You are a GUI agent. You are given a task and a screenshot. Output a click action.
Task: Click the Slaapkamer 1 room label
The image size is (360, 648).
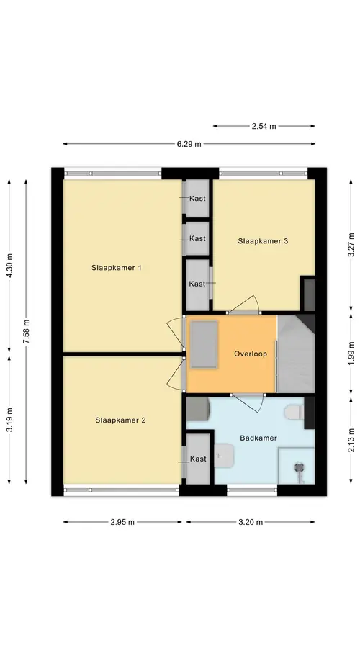pos(116,268)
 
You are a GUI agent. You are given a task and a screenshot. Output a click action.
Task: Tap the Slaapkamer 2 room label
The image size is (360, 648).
pos(120,420)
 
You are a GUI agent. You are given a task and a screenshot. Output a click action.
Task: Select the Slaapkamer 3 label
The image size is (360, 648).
pos(263,241)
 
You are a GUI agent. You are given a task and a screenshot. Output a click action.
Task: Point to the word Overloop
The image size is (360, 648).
pos(251,354)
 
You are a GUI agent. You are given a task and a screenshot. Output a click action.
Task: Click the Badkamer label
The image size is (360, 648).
pos(258,438)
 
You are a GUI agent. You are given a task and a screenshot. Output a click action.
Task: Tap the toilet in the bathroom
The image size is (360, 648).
pos(294,412)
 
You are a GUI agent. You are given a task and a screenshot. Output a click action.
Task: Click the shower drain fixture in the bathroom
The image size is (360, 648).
pos(299,468)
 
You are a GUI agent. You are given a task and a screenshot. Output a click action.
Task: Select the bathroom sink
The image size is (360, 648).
pos(225,455)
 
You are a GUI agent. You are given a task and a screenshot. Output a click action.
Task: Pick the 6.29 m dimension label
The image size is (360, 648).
pos(189,144)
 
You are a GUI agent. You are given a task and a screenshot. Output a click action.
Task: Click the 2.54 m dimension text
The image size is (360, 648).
pos(264,127)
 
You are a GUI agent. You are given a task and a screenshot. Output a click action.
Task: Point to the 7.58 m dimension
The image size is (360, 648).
pos(26,331)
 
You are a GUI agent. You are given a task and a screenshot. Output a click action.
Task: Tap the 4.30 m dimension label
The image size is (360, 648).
pos(9,265)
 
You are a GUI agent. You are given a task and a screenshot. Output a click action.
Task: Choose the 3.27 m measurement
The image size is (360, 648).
pos(351,245)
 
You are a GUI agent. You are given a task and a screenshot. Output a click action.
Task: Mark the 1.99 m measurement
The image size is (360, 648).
pos(351,354)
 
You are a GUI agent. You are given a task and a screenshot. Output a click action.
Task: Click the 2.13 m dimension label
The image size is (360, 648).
pos(351,439)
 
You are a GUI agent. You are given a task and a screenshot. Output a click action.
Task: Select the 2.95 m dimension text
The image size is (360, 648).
pos(122,522)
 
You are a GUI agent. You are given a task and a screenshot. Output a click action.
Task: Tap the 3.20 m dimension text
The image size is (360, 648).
pos(251,522)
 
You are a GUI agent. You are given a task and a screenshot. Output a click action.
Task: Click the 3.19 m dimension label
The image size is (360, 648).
pos(9,420)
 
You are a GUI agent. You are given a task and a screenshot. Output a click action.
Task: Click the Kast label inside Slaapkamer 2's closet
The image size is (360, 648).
pos(198,459)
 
